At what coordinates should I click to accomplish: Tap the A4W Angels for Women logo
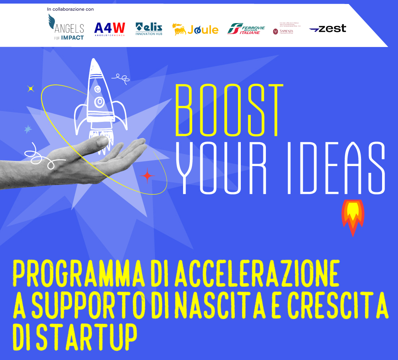tap(109, 29)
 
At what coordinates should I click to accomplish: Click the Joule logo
tap(195, 29)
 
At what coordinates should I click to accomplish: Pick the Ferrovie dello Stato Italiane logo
tap(246, 29)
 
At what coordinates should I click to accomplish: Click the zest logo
tap(327, 29)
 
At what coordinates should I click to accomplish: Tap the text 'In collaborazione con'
tap(70, 9)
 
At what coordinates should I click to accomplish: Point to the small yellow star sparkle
tap(31, 89)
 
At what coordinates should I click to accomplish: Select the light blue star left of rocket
tap(28, 129)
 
